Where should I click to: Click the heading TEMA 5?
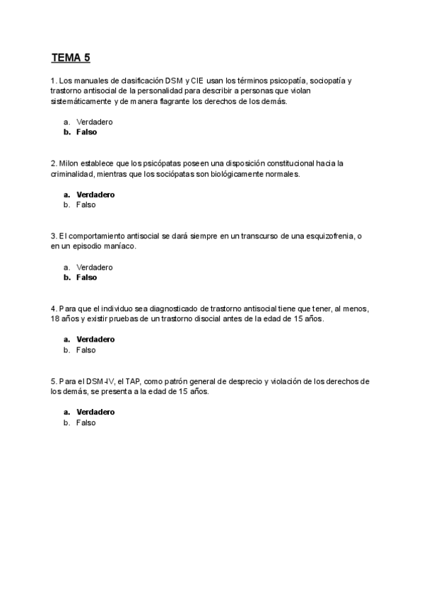[71, 57]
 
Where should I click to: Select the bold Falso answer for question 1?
[86, 132]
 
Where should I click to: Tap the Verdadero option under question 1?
[95, 122]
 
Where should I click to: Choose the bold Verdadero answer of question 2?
[95, 195]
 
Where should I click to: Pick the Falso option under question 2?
[86, 205]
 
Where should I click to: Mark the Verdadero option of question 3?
[95, 267]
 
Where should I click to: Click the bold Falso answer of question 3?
[86, 278]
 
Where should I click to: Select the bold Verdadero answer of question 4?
[95, 340]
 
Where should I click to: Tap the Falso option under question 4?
[86, 350]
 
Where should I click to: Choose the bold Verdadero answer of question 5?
[95, 412]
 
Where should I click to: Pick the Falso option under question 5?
[86, 422]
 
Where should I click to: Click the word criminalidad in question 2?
[73, 174]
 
